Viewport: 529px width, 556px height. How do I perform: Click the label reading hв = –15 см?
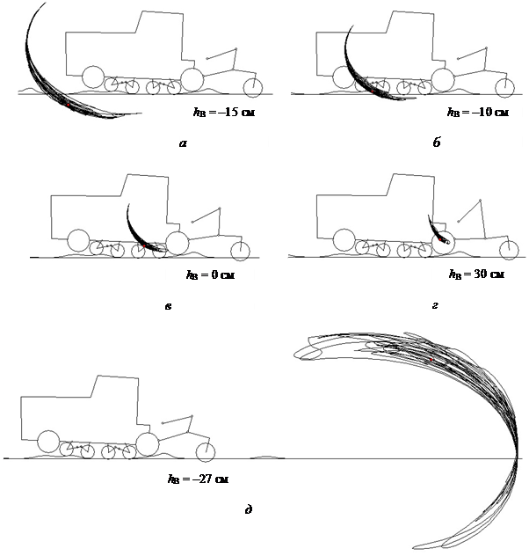[x=224, y=112]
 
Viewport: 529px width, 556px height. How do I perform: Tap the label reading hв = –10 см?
[x=478, y=112]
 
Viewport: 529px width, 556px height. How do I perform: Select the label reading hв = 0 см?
[x=211, y=274]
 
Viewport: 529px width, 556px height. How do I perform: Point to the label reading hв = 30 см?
[x=476, y=274]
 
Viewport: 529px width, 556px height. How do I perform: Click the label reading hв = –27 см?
[x=198, y=479]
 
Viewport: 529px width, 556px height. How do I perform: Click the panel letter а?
[x=183, y=143]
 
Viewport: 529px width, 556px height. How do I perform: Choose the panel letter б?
[x=437, y=143]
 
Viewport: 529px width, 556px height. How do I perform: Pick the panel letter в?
[x=168, y=306]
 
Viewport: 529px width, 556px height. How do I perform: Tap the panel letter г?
[x=435, y=305]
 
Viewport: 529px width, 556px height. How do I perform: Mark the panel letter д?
[x=249, y=509]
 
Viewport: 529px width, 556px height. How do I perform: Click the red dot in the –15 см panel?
[x=68, y=105]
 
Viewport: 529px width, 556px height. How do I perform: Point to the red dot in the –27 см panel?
[x=431, y=360]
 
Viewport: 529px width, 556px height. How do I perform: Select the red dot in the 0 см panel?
[x=144, y=245]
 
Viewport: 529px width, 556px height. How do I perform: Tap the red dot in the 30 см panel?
[x=440, y=239]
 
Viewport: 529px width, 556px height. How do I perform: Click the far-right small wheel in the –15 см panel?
[x=253, y=88]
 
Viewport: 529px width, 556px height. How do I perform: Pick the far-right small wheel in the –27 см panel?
[x=206, y=452]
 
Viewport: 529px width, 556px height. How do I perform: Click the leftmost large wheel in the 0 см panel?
[x=78, y=240]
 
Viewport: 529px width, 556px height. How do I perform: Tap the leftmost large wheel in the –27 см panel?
[x=48, y=442]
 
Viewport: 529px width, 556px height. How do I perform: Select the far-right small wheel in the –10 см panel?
[x=504, y=88]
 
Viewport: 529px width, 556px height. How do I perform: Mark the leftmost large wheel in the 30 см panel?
[x=344, y=240]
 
